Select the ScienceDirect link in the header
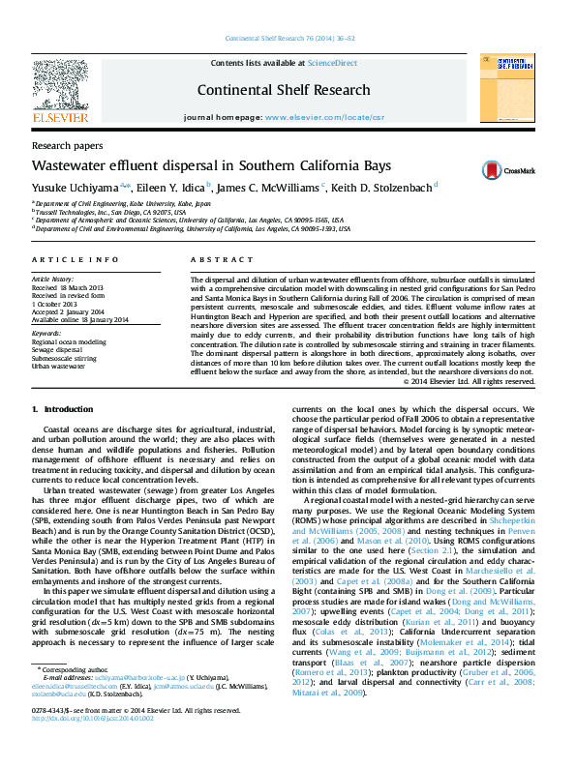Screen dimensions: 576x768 pyautogui.click(x=333, y=63)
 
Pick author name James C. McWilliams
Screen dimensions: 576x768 pyautogui.click(x=268, y=187)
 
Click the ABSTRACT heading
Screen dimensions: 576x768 pyautogui.click(x=214, y=261)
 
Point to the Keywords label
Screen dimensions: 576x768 pyautogui.click(x=46, y=335)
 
